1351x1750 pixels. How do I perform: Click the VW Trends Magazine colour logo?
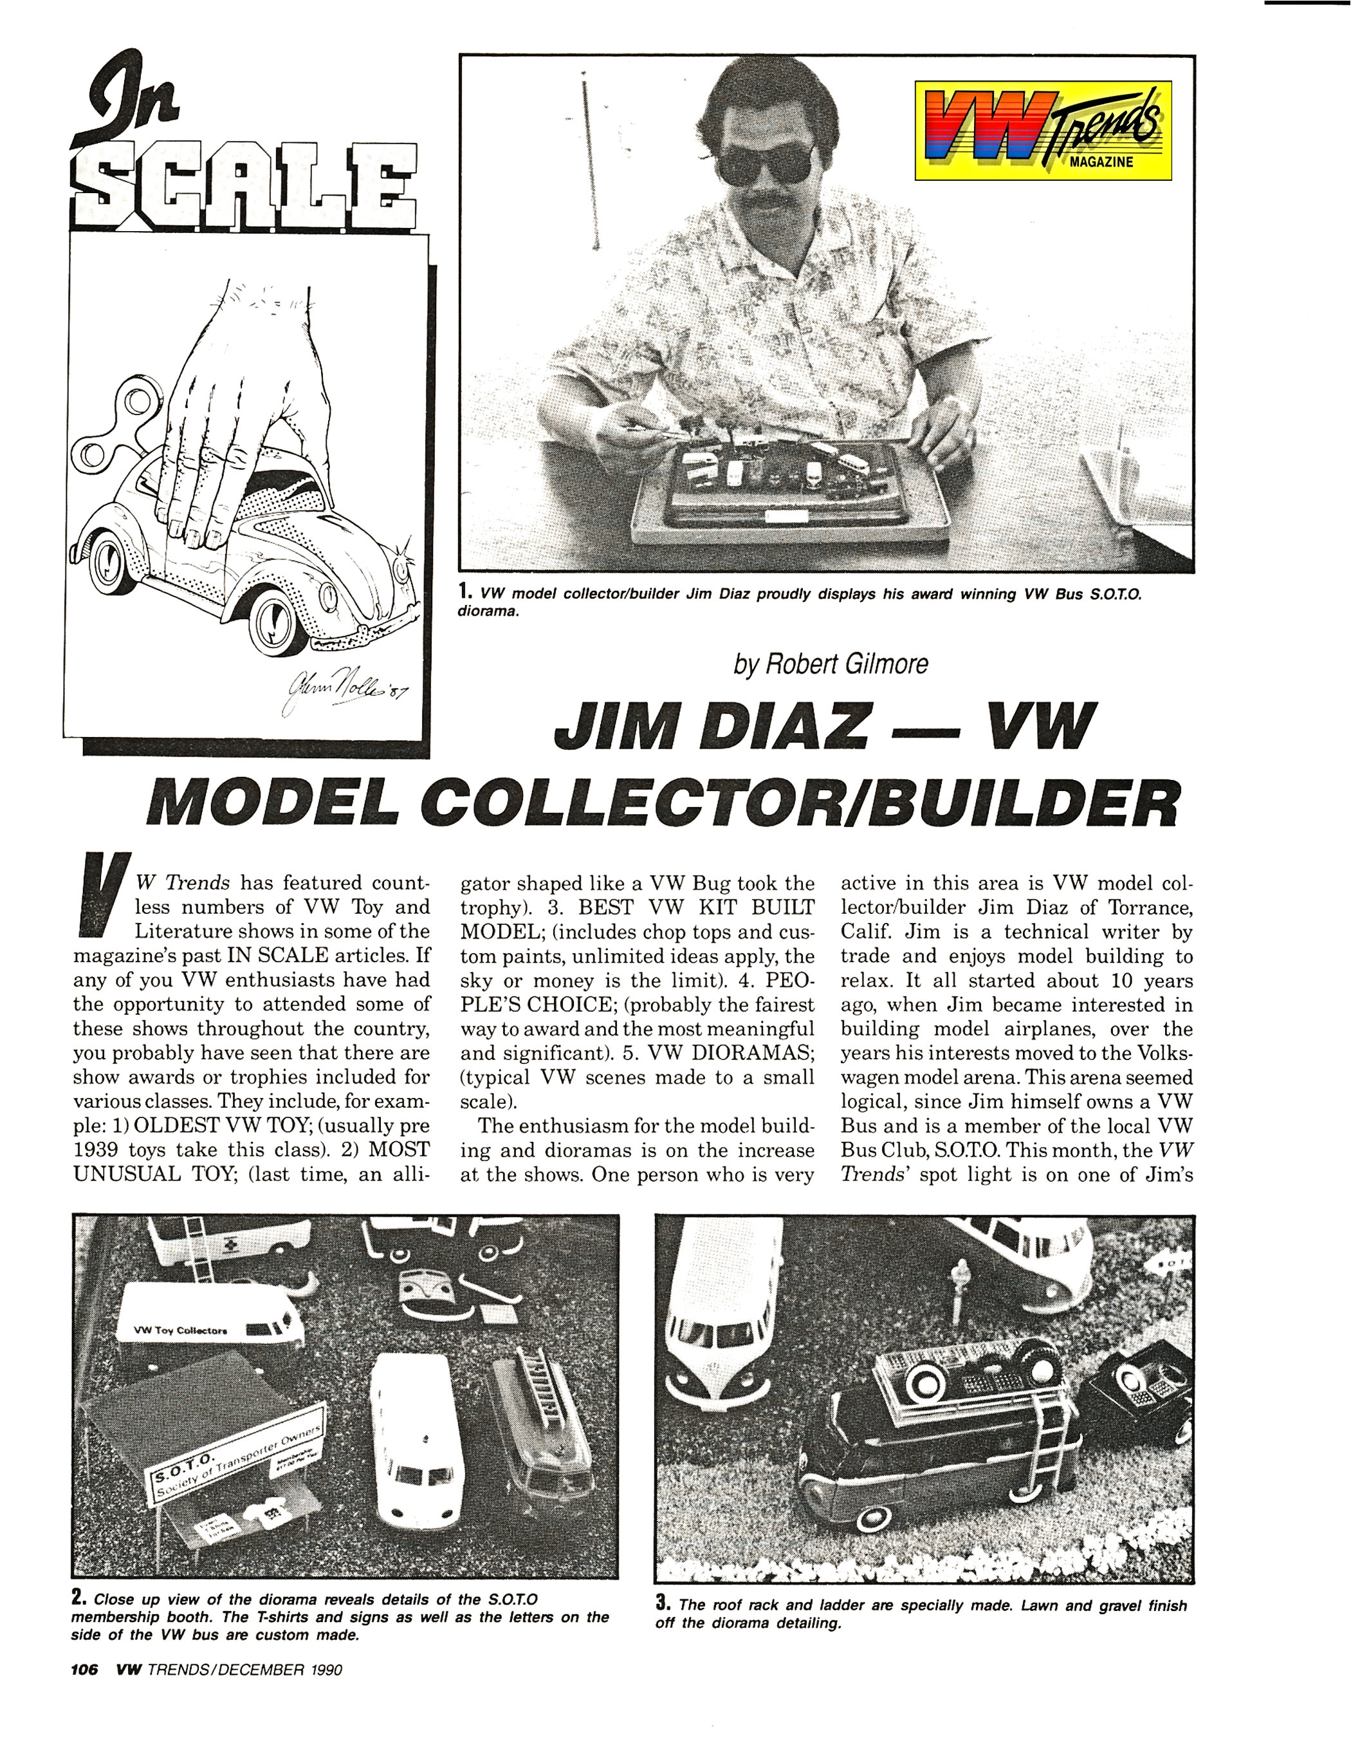point(1043,130)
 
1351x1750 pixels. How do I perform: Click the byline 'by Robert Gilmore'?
point(831,664)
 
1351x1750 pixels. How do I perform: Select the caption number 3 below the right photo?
point(662,1604)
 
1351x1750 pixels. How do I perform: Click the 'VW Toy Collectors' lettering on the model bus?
point(181,1331)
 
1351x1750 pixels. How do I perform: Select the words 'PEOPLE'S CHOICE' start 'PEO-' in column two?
point(789,980)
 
